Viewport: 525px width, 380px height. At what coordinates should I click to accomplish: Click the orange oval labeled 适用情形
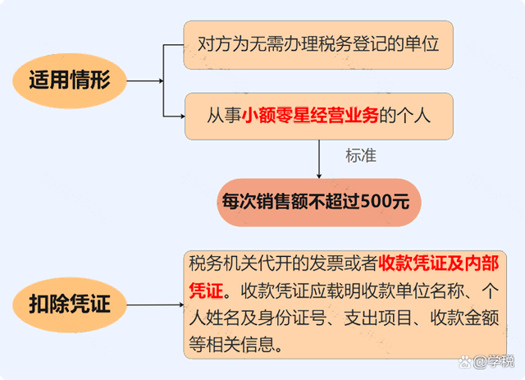click(x=69, y=80)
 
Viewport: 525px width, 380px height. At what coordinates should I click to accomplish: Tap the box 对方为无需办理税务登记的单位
click(x=319, y=44)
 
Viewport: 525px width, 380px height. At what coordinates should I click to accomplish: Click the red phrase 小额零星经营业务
click(x=311, y=115)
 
